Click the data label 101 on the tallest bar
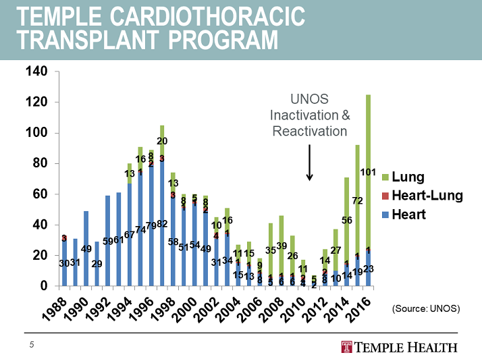(x=367, y=172)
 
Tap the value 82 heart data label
(x=161, y=224)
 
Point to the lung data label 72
(x=357, y=200)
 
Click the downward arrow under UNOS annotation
(x=309, y=162)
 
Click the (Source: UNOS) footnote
(x=426, y=308)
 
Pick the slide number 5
(x=31, y=346)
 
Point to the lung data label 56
(x=347, y=220)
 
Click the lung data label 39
(x=282, y=246)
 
